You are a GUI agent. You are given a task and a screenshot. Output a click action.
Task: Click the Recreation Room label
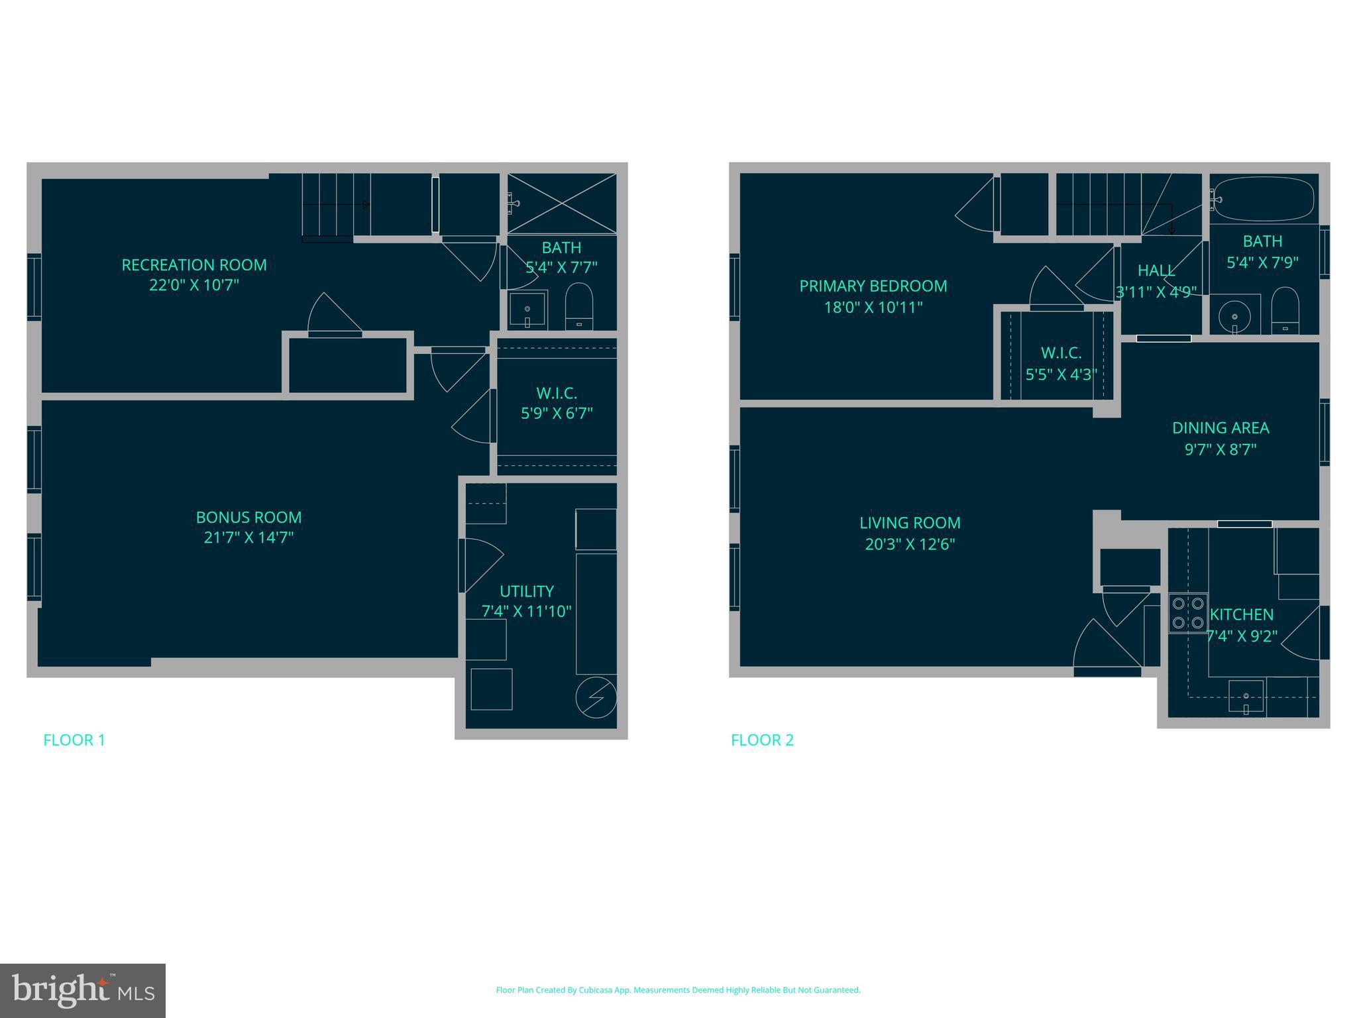pos(194,265)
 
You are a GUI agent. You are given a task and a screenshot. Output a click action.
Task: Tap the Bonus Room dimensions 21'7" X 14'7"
pos(248,537)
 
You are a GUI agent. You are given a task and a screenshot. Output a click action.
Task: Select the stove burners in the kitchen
pos(1187,613)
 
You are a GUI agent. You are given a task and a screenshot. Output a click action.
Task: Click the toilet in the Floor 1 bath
pos(578,307)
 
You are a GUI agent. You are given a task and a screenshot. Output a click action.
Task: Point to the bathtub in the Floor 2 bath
pos(1264,198)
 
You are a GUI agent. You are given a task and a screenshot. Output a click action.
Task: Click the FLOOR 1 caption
pos(74,740)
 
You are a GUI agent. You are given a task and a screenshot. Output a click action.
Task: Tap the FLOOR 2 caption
pos(762,740)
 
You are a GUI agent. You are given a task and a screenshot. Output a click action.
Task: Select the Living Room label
pos(910,523)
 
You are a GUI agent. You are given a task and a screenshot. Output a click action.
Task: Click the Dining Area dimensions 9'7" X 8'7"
pos(1221,449)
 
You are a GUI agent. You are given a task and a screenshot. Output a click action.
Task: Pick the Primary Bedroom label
pos(873,286)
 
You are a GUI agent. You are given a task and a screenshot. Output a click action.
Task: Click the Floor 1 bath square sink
pos(527,310)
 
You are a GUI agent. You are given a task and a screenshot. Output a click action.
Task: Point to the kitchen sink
pos(1246,697)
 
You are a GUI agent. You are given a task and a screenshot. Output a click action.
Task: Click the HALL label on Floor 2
pos(1156,270)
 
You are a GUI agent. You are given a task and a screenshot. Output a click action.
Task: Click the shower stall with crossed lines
pos(562,203)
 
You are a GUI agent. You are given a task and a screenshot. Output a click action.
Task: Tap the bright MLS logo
pos(83,991)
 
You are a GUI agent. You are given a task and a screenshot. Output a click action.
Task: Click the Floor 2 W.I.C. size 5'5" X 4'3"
pos(1061,374)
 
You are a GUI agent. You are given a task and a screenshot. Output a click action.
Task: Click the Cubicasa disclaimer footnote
pos(678,990)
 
